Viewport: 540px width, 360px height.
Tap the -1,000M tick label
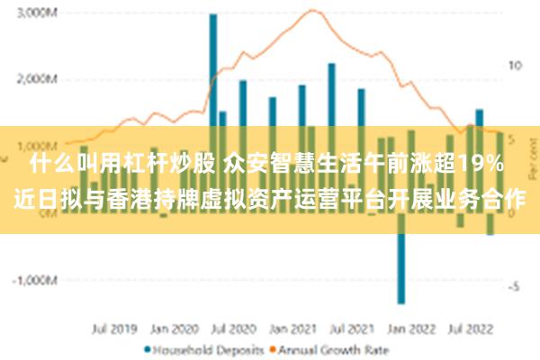click(35, 280)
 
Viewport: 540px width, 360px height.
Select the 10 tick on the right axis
click(514, 66)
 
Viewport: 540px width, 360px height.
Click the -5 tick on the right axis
click(511, 287)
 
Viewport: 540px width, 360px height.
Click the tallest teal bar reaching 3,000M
click(213, 72)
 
